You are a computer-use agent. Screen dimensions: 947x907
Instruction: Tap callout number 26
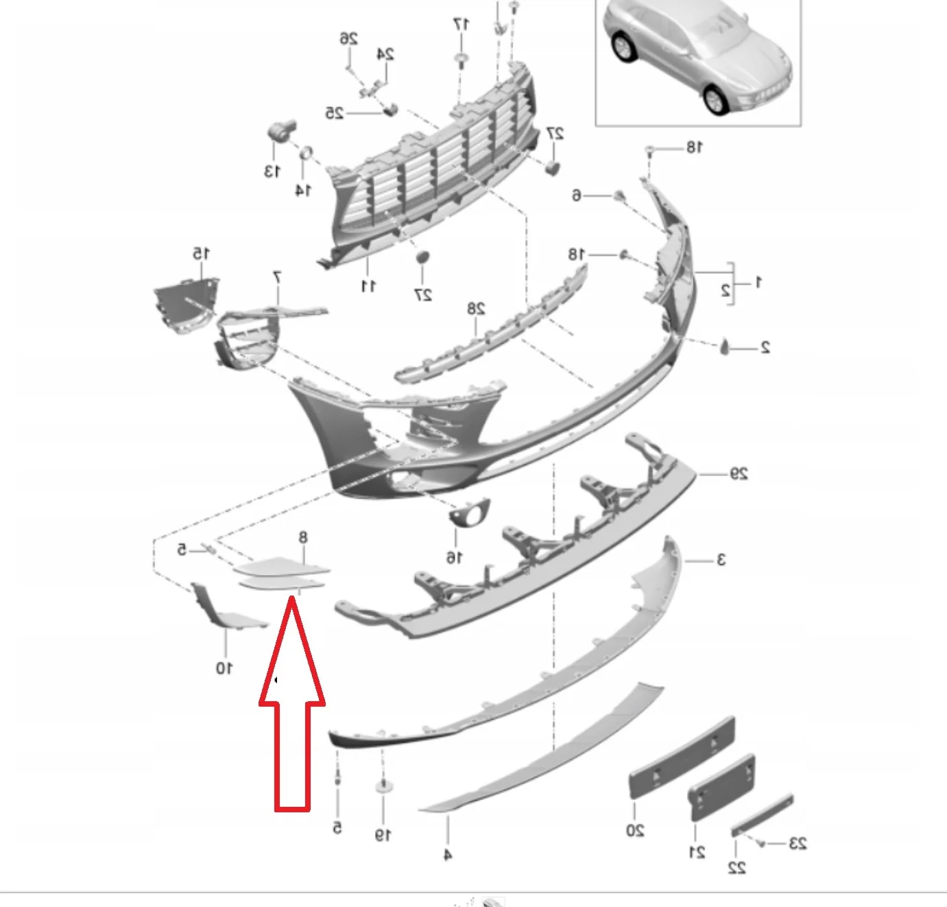[x=348, y=39]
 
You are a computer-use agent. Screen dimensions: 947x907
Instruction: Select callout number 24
[x=385, y=54]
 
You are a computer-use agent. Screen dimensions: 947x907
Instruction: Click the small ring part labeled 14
[x=306, y=153]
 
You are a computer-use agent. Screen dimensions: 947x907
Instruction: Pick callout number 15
[x=200, y=253]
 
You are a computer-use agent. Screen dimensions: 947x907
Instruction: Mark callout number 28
[x=476, y=309]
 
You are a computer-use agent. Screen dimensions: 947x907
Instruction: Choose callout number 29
[x=739, y=473]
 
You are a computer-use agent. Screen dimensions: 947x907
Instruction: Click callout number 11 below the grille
[x=368, y=286]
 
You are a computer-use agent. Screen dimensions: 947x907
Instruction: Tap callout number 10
[x=224, y=668]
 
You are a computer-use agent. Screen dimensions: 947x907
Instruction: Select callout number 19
[x=383, y=835]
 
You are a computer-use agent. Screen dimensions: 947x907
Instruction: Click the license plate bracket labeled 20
[x=682, y=757]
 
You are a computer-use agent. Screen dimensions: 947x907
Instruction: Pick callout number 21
[x=697, y=852]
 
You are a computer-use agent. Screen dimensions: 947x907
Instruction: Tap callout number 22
[x=736, y=867]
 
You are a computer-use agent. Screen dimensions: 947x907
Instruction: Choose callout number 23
[x=797, y=843]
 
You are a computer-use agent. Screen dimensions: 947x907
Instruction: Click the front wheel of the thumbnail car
[x=714, y=99]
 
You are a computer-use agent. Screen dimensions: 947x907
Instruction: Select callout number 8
[x=302, y=537]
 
